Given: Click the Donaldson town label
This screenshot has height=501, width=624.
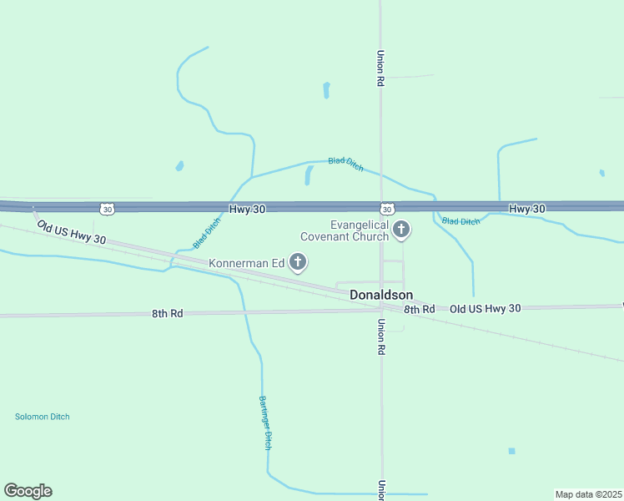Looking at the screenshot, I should tap(380, 295).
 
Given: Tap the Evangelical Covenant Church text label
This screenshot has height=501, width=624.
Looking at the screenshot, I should tap(348, 230).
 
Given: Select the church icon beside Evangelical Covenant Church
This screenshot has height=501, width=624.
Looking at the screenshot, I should tap(401, 230).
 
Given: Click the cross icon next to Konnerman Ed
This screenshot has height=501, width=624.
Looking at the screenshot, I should tap(298, 263).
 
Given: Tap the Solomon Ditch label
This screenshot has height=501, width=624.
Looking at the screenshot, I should tap(43, 417).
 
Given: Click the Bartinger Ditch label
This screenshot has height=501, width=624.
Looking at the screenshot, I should tap(265, 423).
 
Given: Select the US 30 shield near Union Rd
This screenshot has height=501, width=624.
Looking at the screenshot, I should tap(386, 208).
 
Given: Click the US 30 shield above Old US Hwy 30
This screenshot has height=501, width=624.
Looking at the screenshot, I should tap(105, 208).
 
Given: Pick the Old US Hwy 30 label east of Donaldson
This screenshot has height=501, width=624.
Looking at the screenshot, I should tap(485, 308).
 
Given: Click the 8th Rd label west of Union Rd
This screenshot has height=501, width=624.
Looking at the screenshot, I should tap(165, 313).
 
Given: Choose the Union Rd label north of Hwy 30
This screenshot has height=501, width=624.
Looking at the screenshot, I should tap(380, 68).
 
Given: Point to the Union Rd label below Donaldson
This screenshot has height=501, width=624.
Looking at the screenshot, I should tap(381, 338).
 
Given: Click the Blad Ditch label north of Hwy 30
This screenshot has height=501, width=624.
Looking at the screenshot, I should tap(345, 164).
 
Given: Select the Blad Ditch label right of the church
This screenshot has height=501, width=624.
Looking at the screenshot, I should tap(460, 221).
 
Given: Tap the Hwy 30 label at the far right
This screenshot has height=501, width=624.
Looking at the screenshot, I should tap(526, 208).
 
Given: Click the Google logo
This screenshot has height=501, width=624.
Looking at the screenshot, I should tap(28, 491).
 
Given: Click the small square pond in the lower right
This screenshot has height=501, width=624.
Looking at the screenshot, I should tap(511, 451).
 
